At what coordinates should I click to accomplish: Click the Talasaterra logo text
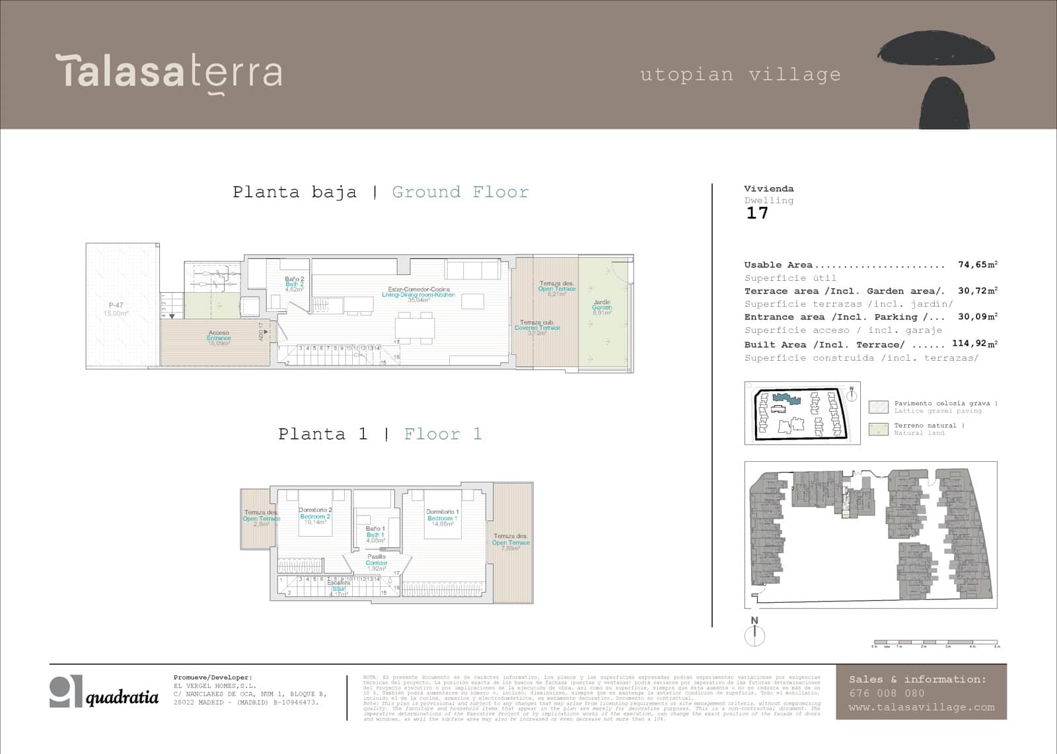[x=169, y=71]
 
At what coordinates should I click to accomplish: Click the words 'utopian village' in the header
[x=740, y=75]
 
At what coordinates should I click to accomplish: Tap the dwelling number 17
[x=757, y=213]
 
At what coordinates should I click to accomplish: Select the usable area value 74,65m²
[x=977, y=264]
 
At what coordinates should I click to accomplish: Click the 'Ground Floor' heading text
[x=460, y=192]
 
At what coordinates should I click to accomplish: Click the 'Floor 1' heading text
[x=443, y=434]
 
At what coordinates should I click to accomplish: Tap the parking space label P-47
[x=116, y=309]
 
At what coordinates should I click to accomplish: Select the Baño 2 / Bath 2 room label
[x=294, y=284]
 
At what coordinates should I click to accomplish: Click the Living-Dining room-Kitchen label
[x=418, y=294]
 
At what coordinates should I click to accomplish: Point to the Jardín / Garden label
[x=602, y=307]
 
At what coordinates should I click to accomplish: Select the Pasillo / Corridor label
[x=377, y=562]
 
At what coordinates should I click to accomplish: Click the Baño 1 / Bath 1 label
[x=375, y=534]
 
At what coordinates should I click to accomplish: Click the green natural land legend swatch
[x=878, y=429]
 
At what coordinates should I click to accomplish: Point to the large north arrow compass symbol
[x=754, y=635]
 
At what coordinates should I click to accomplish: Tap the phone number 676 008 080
[x=887, y=693]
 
